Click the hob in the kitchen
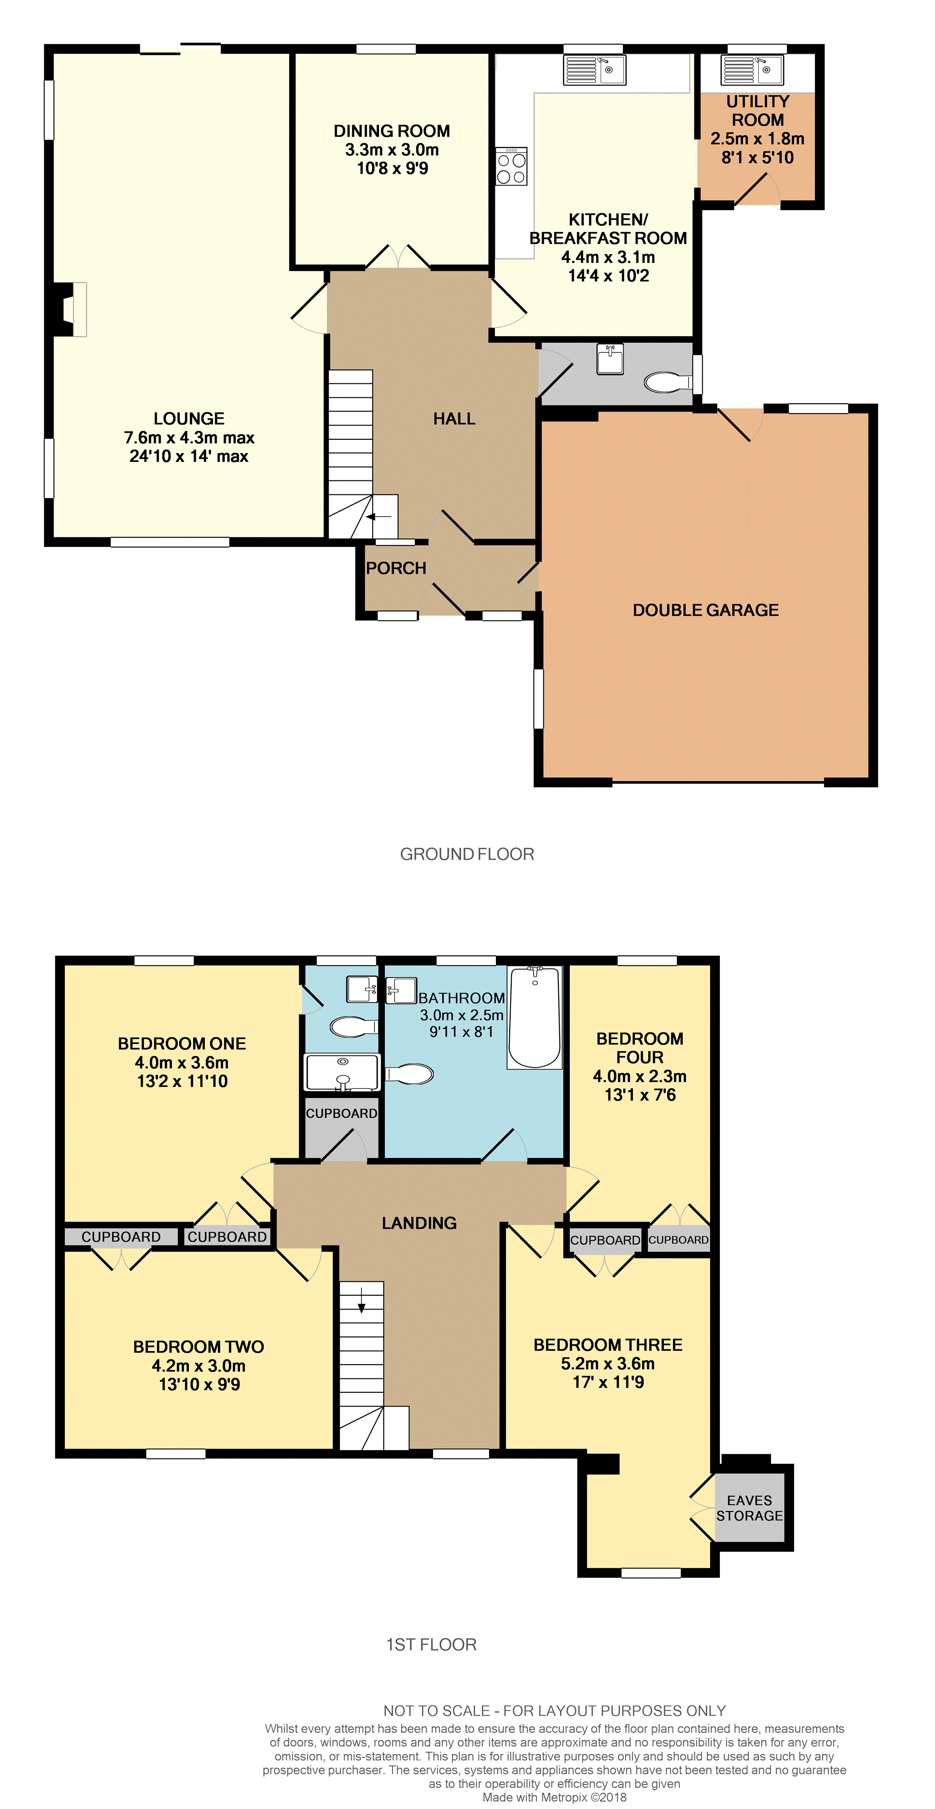point(511,166)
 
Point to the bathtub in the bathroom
point(535,1018)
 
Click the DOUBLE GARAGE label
point(706,610)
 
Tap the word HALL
point(454,419)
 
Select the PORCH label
point(396,568)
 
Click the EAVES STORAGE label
point(749,1508)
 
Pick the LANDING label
point(419,1223)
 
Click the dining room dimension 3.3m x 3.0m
point(392,150)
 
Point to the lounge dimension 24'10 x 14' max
point(189,456)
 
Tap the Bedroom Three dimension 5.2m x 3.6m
point(608,1364)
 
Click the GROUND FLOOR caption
point(467,854)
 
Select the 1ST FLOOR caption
point(431,1645)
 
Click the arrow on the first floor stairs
point(362,1300)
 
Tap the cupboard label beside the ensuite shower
point(341,1113)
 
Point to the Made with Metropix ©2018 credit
point(555,1798)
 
